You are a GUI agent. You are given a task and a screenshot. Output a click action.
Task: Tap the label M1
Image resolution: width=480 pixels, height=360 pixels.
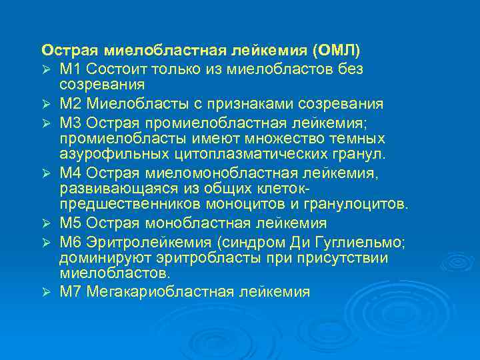click(70, 69)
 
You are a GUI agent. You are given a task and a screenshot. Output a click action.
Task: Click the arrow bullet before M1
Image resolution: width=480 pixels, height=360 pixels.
click(46, 69)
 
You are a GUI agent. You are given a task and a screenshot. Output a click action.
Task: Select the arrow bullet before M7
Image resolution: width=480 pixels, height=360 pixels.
click(46, 292)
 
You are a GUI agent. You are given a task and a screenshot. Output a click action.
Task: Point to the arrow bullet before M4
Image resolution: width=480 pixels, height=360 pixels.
click(46, 173)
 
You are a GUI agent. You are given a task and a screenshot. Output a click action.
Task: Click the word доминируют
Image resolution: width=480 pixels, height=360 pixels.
click(99, 257)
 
